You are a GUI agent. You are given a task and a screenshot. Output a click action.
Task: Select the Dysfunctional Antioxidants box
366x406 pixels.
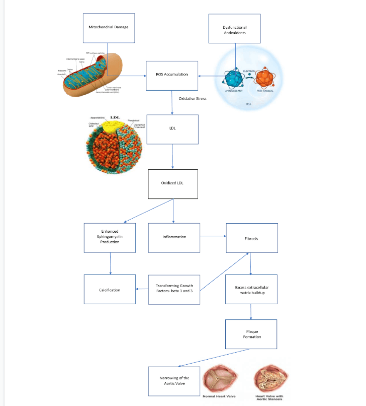pyautogui.click(x=235, y=30)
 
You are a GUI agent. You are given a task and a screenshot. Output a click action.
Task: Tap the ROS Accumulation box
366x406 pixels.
pyautogui.click(x=172, y=75)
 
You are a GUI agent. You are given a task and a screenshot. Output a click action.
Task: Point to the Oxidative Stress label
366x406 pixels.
pyautogui.click(x=193, y=99)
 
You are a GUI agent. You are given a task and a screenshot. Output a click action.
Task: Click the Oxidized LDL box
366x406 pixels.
pyautogui.click(x=172, y=183)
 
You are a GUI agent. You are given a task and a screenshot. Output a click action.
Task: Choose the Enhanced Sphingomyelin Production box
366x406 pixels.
pyautogui.click(x=110, y=237)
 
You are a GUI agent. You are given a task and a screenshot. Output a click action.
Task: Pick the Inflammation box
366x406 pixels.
pyautogui.click(x=174, y=237)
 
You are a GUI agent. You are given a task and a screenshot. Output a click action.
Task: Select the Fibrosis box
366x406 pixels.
pyautogui.click(x=251, y=238)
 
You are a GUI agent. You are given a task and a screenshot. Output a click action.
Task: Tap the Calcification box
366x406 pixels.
pyautogui.click(x=109, y=290)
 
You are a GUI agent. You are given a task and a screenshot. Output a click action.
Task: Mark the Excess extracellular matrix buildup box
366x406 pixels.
pyautogui.click(x=251, y=290)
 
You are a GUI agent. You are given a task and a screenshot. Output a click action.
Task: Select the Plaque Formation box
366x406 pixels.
pyautogui.click(x=251, y=334)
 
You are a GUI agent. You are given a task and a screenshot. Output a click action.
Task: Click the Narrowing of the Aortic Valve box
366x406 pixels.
pyautogui.click(x=174, y=381)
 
